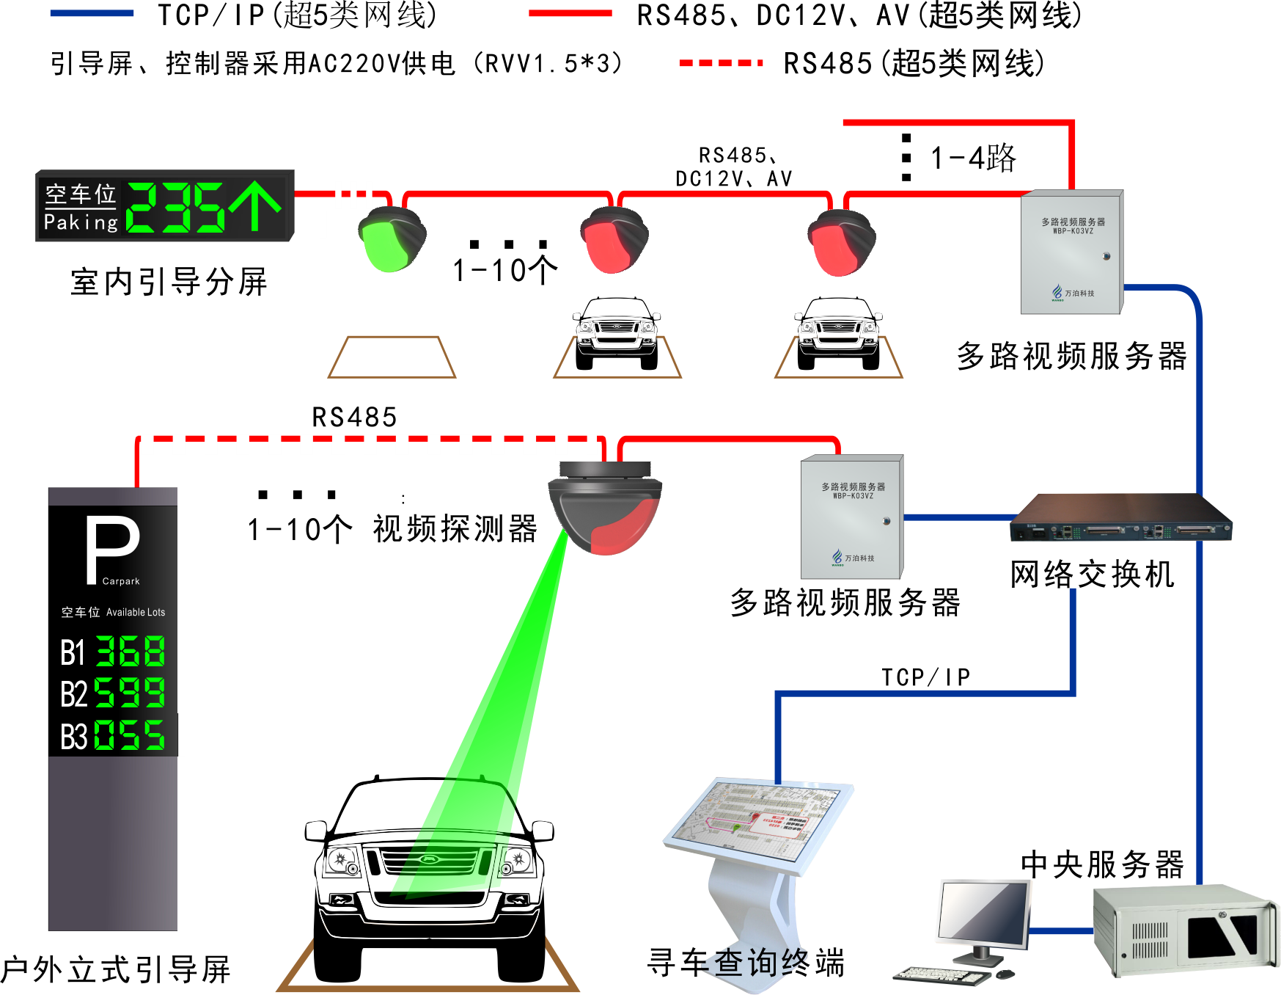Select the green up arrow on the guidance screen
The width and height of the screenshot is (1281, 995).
(254, 206)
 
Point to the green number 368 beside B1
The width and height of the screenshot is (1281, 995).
(131, 651)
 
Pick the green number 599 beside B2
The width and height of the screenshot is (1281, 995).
(130, 692)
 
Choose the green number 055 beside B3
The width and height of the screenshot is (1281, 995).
(130, 735)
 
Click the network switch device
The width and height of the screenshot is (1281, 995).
(1120, 520)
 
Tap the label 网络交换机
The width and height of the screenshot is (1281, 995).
(1092, 574)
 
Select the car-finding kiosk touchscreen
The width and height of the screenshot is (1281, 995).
(759, 821)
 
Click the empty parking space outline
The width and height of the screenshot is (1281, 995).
(392, 357)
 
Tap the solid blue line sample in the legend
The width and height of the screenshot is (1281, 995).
(92, 13)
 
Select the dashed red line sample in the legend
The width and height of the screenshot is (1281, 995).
(721, 63)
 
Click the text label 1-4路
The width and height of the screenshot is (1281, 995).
(972, 158)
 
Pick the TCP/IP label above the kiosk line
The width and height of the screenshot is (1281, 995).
(925, 677)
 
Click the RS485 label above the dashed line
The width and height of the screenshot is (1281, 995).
(354, 417)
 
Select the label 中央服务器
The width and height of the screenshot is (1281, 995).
(1102, 864)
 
